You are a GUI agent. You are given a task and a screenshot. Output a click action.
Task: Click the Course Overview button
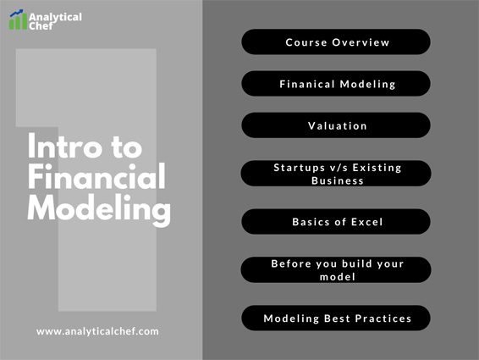pos(336,42)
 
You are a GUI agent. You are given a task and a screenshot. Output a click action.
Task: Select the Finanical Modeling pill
pos(336,84)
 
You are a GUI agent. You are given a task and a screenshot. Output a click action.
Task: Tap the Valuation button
pos(336,125)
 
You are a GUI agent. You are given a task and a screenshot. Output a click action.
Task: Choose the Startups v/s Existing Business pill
pos(336,174)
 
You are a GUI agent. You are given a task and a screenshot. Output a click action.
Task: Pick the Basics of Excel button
pos(336,221)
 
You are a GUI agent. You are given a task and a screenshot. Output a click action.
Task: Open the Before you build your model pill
pos(336,269)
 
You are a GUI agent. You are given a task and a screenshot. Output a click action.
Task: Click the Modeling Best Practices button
pos(336,318)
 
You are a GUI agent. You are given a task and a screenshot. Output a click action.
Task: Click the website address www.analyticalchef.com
pos(97,331)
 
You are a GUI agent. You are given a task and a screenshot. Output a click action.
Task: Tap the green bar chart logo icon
pos(18,22)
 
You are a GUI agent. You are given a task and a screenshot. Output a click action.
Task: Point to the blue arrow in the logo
pos(16,14)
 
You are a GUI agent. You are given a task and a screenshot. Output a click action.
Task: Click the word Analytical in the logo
pos(55,18)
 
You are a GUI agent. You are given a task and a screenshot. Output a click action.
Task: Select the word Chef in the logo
pos(41,26)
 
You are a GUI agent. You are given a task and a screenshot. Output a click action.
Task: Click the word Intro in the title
pos(64,146)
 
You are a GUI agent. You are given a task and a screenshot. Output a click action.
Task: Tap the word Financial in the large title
pos(96,176)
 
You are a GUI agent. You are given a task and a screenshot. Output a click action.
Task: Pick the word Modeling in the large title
pos(99,209)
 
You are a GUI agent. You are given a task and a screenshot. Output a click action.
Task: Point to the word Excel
pos(367,222)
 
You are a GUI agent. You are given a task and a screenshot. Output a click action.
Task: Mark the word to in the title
pos(127,147)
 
